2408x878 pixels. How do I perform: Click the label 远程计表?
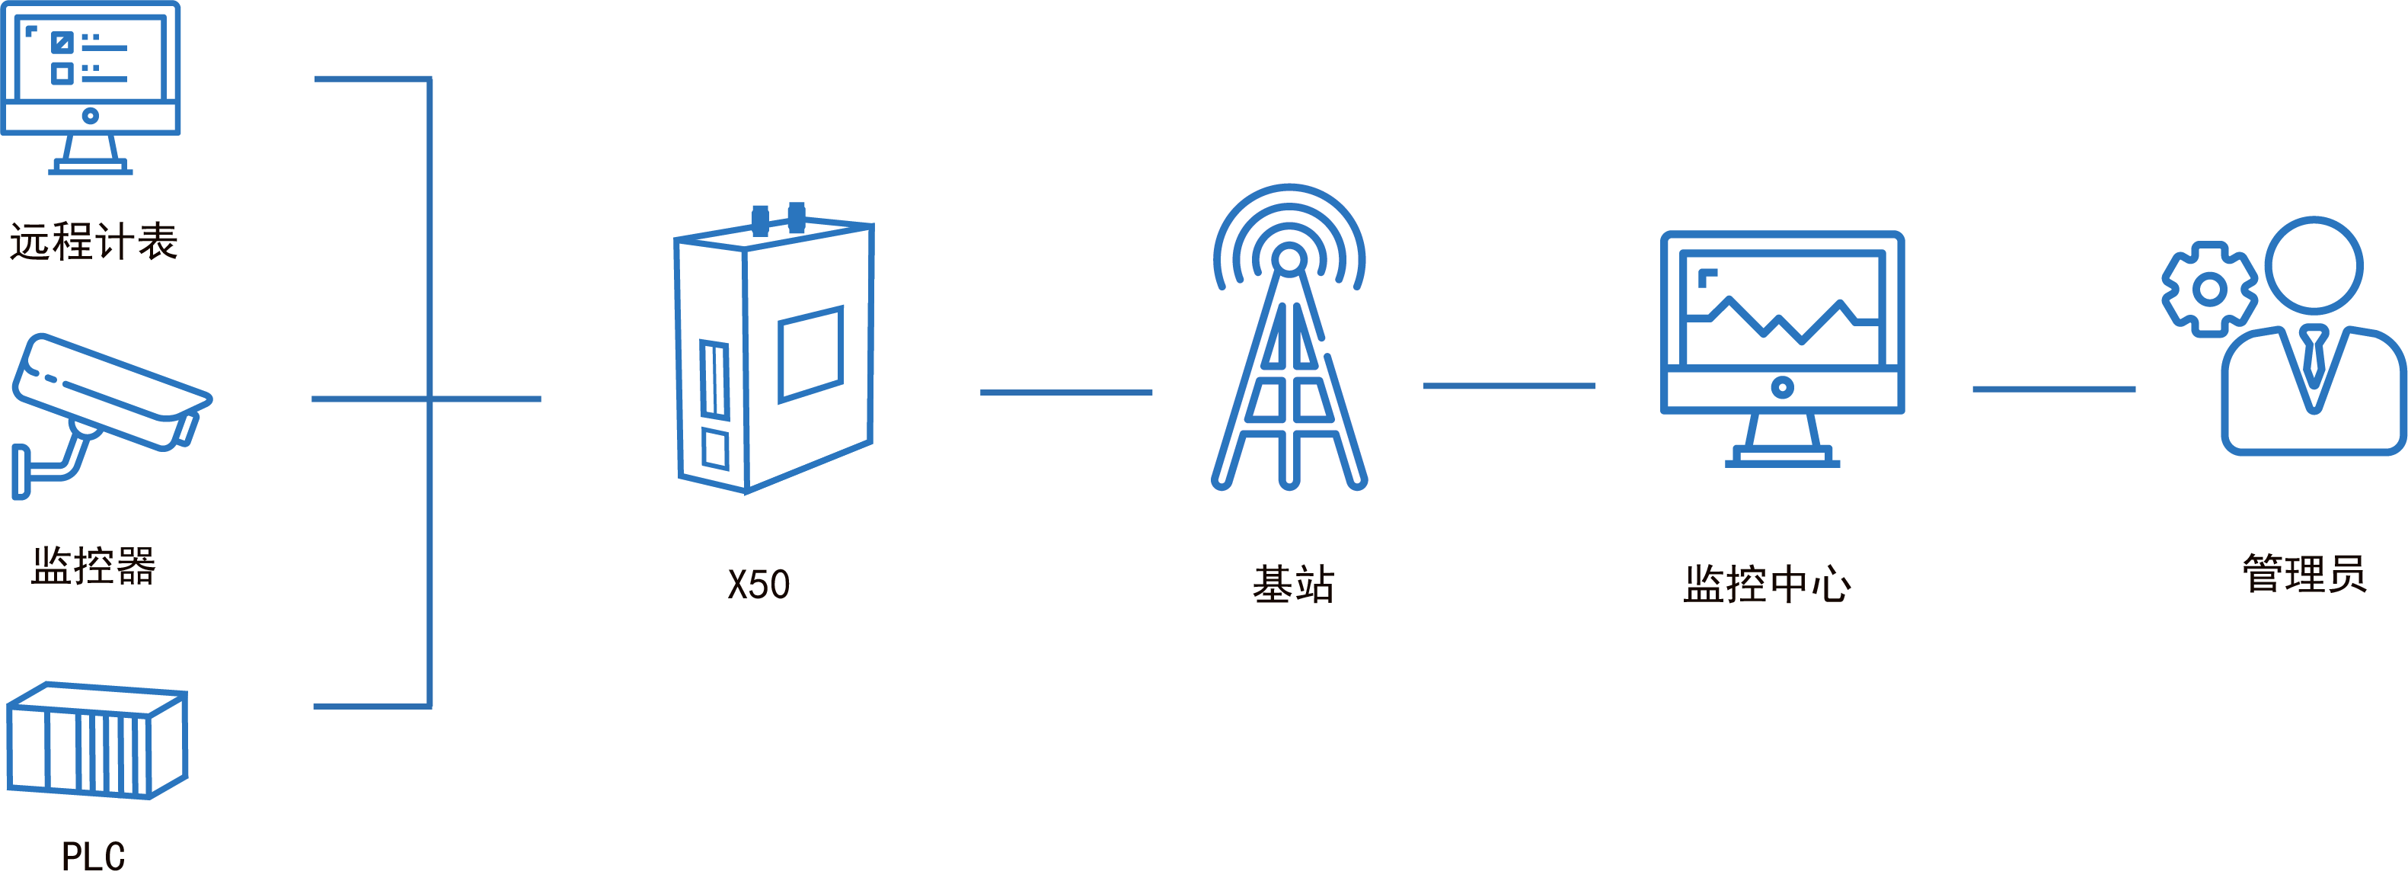click(x=94, y=242)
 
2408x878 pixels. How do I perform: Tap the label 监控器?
click(x=94, y=566)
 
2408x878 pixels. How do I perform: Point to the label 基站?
click(x=1293, y=585)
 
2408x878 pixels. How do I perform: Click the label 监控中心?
click(x=1767, y=585)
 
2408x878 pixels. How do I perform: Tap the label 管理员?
click(x=2304, y=574)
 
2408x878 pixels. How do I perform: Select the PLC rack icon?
click(x=97, y=741)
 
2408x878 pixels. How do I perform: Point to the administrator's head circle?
click(x=2313, y=264)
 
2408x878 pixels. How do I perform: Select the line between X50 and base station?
click(x=1065, y=393)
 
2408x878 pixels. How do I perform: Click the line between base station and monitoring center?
click(x=1509, y=385)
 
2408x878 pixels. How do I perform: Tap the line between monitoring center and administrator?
click(x=2054, y=388)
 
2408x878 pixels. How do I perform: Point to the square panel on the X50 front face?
click(x=810, y=354)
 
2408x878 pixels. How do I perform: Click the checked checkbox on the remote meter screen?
click(x=62, y=42)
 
